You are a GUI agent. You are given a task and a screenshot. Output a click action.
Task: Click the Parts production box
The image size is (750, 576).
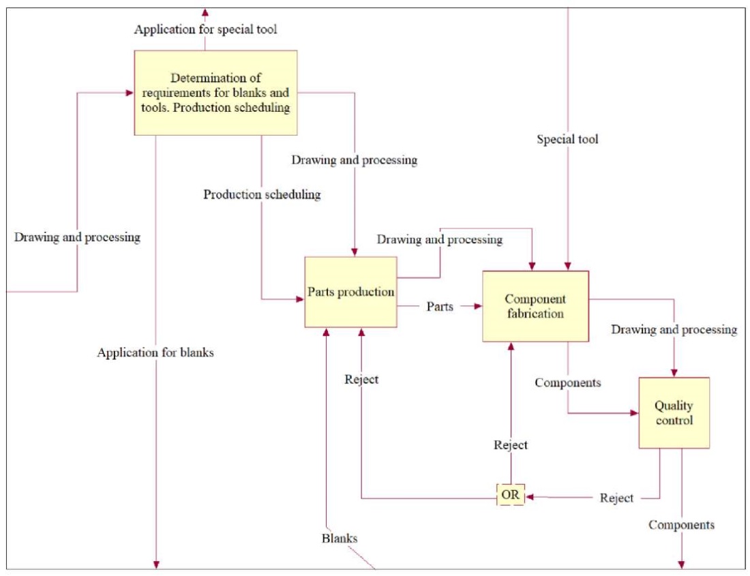tap(350, 292)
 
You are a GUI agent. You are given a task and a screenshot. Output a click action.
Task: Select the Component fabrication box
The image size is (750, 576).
tap(535, 306)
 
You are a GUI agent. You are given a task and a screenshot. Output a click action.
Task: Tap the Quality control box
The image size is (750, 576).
tap(674, 412)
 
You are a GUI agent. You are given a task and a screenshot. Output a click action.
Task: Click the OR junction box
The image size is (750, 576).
tap(510, 496)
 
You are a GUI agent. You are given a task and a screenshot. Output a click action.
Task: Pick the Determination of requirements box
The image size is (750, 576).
tap(215, 93)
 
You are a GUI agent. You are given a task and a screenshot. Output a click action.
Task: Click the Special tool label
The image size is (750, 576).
tap(567, 140)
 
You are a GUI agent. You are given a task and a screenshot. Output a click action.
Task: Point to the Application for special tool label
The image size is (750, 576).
tap(205, 29)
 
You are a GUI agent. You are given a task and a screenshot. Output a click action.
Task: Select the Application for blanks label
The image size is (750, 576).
tap(155, 352)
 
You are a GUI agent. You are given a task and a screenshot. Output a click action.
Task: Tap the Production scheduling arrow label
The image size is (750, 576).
tap(262, 194)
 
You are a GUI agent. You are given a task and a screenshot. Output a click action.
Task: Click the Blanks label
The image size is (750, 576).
tap(340, 538)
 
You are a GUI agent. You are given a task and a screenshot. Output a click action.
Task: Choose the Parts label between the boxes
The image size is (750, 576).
tap(440, 307)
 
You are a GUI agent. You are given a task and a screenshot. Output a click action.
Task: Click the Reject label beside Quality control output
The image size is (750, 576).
tap(616, 498)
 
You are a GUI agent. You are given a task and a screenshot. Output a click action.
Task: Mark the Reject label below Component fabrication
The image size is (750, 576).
tap(511, 445)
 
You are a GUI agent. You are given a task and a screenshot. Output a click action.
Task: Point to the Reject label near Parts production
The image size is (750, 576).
tap(361, 380)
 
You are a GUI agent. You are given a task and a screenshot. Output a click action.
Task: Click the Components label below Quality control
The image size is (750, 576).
tap(681, 525)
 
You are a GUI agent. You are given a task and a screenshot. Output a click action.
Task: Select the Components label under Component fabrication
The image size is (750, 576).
tap(568, 382)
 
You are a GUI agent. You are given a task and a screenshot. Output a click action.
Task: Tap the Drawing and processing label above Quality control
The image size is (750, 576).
tap(674, 330)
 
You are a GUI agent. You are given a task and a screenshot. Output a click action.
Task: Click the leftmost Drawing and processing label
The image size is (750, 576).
tap(77, 237)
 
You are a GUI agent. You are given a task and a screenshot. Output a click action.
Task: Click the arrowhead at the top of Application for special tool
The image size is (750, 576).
tap(205, 12)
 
